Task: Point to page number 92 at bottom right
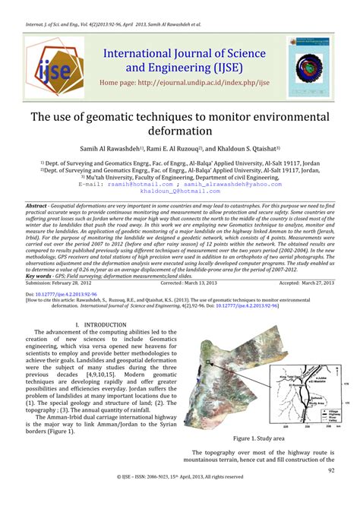331,470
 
